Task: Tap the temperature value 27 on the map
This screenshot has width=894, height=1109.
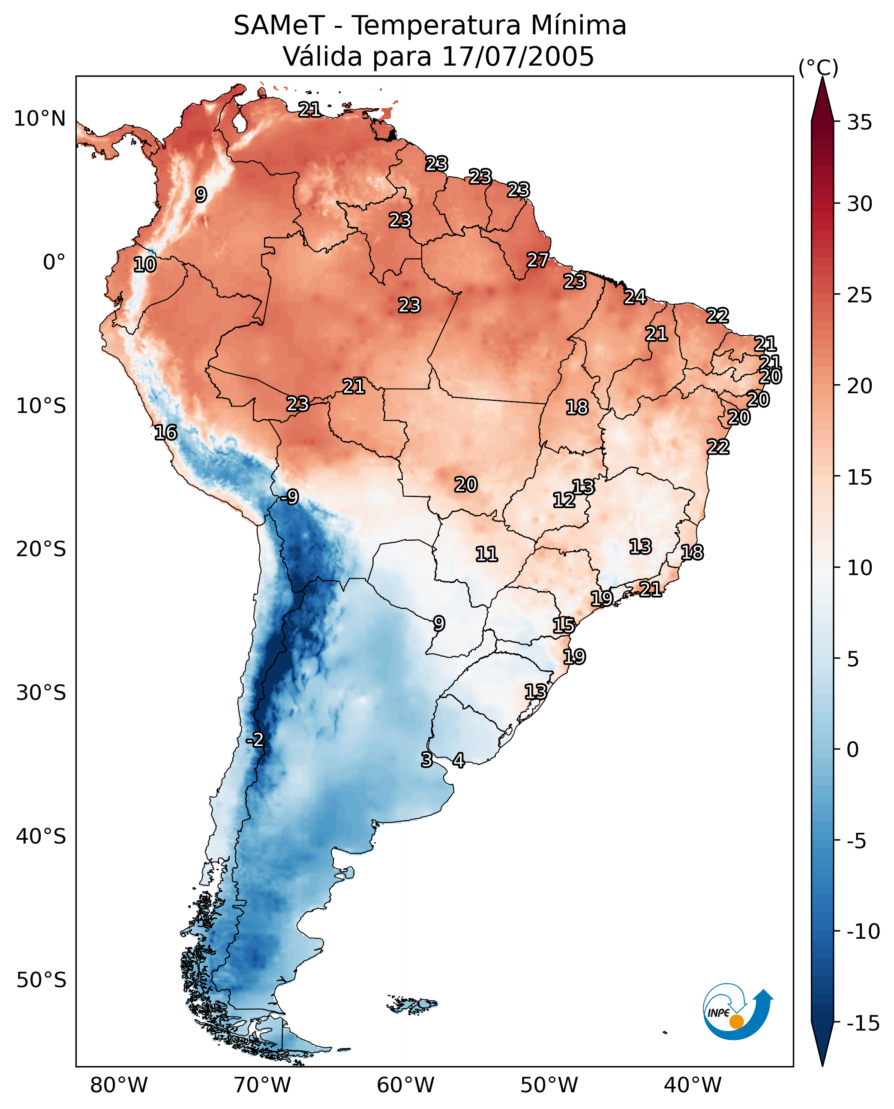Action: click(x=537, y=260)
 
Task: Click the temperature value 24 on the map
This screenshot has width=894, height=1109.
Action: click(x=635, y=297)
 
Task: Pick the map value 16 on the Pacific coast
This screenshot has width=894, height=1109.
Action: click(x=166, y=432)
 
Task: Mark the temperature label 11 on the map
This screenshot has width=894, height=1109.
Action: click(x=486, y=554)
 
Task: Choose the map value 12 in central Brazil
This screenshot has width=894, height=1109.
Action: click(x=564, y=500)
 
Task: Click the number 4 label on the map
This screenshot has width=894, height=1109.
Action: click(x=458, y=759)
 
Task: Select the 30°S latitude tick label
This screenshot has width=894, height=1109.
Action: click(x=41, y=693)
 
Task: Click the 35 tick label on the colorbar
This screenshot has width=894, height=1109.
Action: click(x=859, y=122)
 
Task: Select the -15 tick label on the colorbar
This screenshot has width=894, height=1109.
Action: click(x=863, y=1023)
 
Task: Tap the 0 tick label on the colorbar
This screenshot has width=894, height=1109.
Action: click(x=853, y=750)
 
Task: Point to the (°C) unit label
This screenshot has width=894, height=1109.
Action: click(x=818, y=67)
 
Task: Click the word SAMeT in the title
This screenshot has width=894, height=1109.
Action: click(x=279, y=25)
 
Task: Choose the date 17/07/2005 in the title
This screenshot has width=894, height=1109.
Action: click(x=518, y=56)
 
